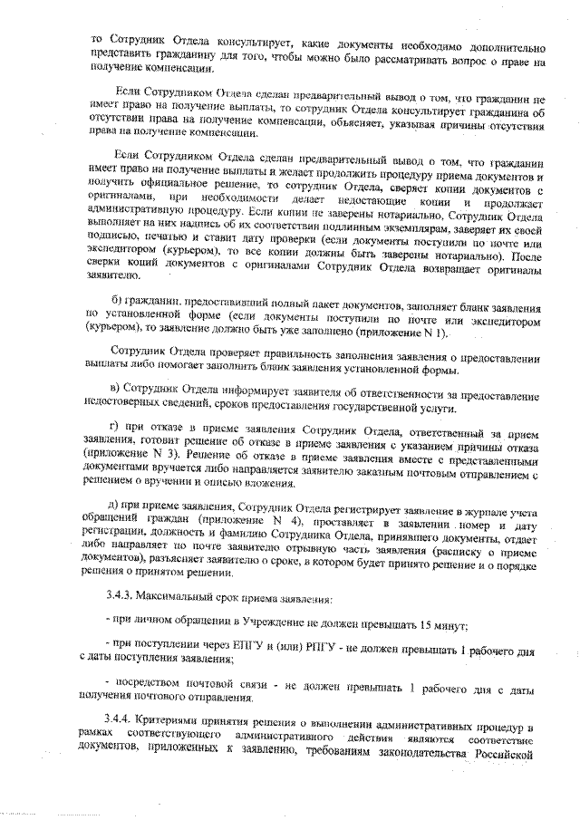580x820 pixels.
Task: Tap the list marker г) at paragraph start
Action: point(112,430)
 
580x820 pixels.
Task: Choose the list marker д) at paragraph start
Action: point(113,503)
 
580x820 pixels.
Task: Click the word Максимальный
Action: point(177,600)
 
